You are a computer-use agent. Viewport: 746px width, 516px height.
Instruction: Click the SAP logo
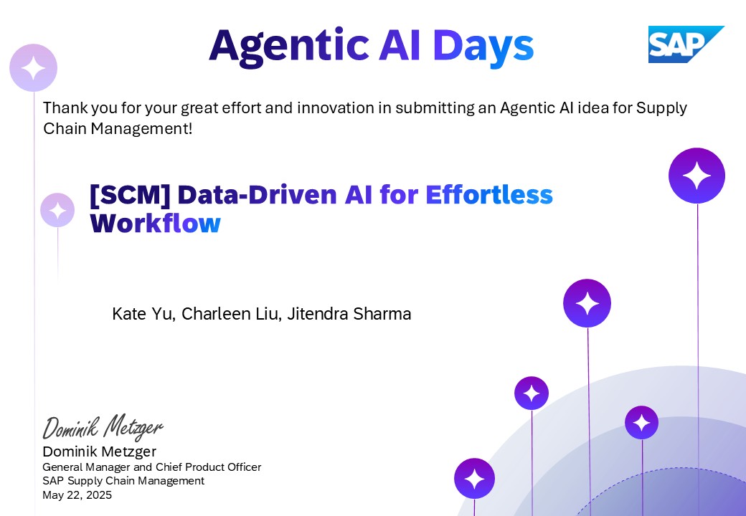[685, 44]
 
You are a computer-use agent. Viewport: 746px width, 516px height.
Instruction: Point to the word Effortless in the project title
[489, 194]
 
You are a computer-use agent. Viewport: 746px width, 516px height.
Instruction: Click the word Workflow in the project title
[155, 224]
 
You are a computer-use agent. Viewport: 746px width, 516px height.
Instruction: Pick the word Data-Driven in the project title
[256, 194]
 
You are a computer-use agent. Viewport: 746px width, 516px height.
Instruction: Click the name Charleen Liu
[230, 314]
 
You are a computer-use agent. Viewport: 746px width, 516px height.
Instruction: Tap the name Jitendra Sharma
[349, 314]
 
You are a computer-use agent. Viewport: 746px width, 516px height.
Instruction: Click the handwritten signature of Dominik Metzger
[103, 427]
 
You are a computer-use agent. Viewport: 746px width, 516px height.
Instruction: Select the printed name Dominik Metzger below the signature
[99, 451]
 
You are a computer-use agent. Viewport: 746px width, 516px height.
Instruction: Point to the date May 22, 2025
[77, 494]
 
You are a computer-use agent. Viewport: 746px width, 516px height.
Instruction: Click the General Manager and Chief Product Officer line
[151, 467]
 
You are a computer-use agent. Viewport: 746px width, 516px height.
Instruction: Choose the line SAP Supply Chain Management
[123, 481]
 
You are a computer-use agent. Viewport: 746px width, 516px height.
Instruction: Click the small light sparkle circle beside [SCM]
[57, 210]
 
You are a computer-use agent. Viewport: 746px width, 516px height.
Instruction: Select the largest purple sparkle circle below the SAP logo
[697, 176]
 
